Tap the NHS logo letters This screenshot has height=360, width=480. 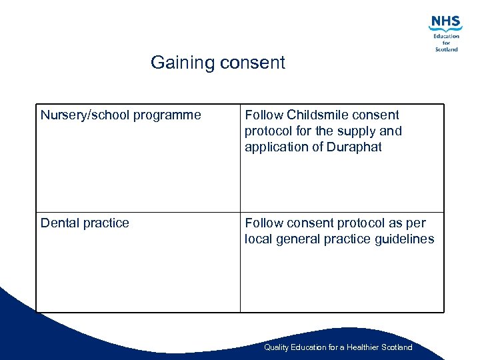pos(445,23)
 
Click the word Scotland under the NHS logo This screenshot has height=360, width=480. pos(446,49)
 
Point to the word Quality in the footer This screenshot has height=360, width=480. pos(276,347)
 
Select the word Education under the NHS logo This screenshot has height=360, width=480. pos(446,36)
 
